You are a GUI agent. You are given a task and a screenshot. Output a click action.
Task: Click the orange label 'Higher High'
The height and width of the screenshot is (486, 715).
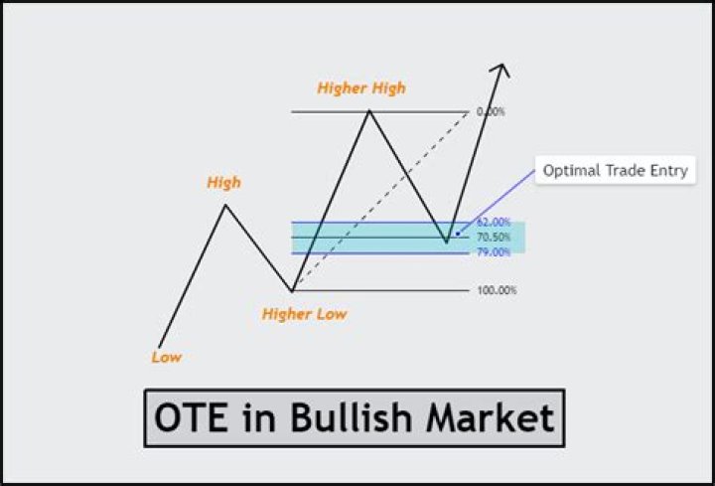click(361, 88)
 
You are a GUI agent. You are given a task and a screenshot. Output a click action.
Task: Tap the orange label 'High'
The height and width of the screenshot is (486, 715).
click(223, 183)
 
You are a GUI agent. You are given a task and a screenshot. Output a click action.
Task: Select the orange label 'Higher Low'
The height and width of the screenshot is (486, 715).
click(304, 314)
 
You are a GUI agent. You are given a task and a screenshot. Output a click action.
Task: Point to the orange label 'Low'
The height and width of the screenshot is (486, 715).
click(167, 357)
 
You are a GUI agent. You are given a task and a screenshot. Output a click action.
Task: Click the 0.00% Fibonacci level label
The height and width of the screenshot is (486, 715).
click(490, 111)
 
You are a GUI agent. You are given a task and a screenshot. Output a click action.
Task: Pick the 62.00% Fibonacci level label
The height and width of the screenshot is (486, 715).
click(493, 223)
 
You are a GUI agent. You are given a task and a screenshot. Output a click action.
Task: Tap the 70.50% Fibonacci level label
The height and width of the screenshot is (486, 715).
click(493, 238)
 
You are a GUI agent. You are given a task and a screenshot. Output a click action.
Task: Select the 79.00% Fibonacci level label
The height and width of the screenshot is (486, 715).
click(493, 252)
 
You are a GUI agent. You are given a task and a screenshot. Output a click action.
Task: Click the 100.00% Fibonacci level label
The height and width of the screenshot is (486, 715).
click(496, 291)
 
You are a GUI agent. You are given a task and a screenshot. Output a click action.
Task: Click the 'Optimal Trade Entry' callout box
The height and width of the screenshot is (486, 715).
click(615, 171)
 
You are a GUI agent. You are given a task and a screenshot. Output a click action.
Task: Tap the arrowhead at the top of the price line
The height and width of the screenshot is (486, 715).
click(502, 69)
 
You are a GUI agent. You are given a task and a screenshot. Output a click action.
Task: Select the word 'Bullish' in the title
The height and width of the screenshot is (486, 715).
click(354, 417)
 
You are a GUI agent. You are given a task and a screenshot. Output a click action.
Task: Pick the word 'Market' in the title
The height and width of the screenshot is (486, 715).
click(491, 417)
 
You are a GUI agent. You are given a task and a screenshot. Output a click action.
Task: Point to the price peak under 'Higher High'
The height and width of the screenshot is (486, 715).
click(369, 110)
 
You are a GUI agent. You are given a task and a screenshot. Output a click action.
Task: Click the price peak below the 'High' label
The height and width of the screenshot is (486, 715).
click(225, 206)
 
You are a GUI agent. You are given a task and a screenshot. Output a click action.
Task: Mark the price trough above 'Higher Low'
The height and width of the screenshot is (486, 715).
click(292, 290)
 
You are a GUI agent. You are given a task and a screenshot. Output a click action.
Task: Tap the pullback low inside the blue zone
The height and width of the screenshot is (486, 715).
click(447, 242)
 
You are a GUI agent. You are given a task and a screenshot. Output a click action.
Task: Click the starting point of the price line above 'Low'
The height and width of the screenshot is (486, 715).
click(159, 347)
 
